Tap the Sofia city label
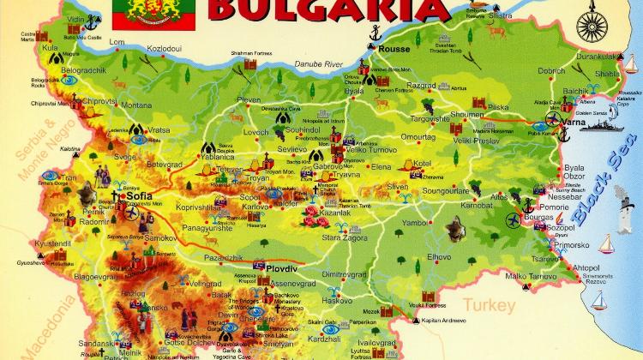click(x=139, y=196)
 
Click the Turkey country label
click(x=490, y=304)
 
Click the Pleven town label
click(x=249, y=100)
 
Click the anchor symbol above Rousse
click(x=373, y=35)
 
